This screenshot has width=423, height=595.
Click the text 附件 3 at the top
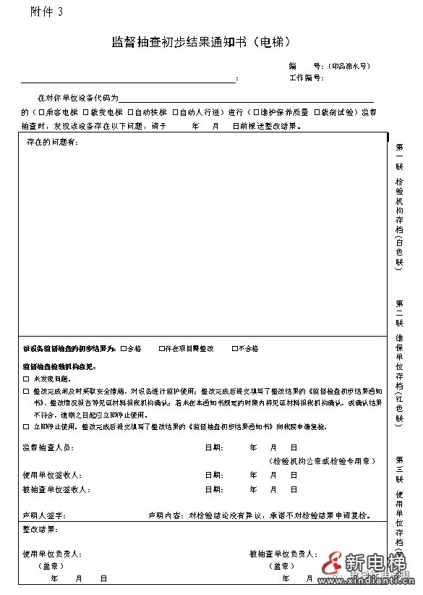[47, 11]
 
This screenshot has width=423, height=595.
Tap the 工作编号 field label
[305, 77]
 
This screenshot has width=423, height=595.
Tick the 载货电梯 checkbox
[86, 112]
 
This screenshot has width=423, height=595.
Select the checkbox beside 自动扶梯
[130, 112]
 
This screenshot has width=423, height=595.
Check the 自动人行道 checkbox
[175, 112]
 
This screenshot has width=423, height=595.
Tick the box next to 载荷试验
[317, 112]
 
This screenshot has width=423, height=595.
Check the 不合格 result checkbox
[235, 349]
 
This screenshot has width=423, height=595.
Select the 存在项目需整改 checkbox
[162, 349]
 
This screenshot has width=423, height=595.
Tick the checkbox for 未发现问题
[27, 379]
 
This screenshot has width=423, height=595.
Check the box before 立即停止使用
[27, 428]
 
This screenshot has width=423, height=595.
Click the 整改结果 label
[42, 530]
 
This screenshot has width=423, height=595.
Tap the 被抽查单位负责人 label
[283, 554]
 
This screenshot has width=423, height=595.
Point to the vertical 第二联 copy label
[399, 309]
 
